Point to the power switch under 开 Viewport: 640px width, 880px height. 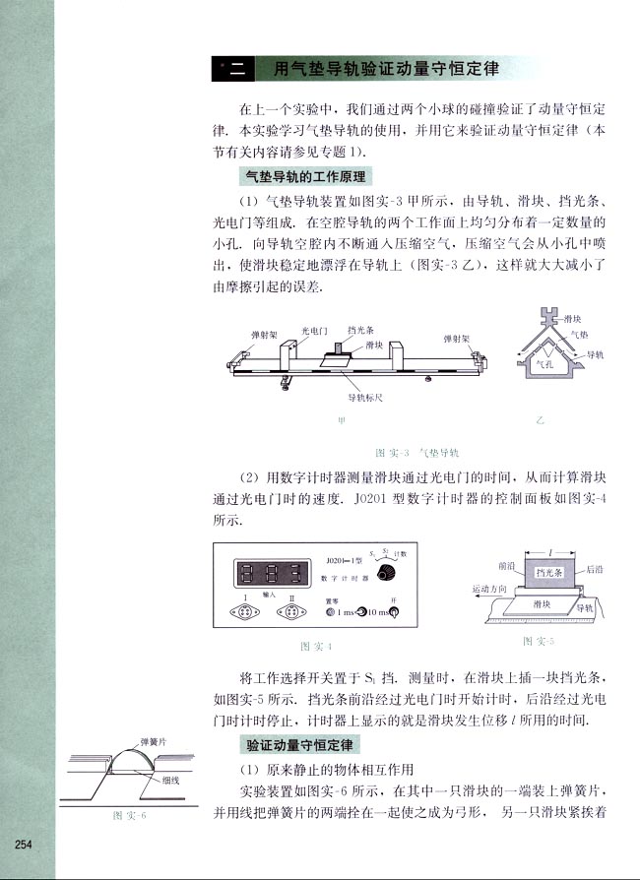click(x=395, y=613)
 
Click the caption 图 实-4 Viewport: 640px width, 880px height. click(x=315, y=647)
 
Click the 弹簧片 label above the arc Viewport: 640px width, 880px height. click(x=157, y=740)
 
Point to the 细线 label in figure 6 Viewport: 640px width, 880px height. click(x=172, y=780)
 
